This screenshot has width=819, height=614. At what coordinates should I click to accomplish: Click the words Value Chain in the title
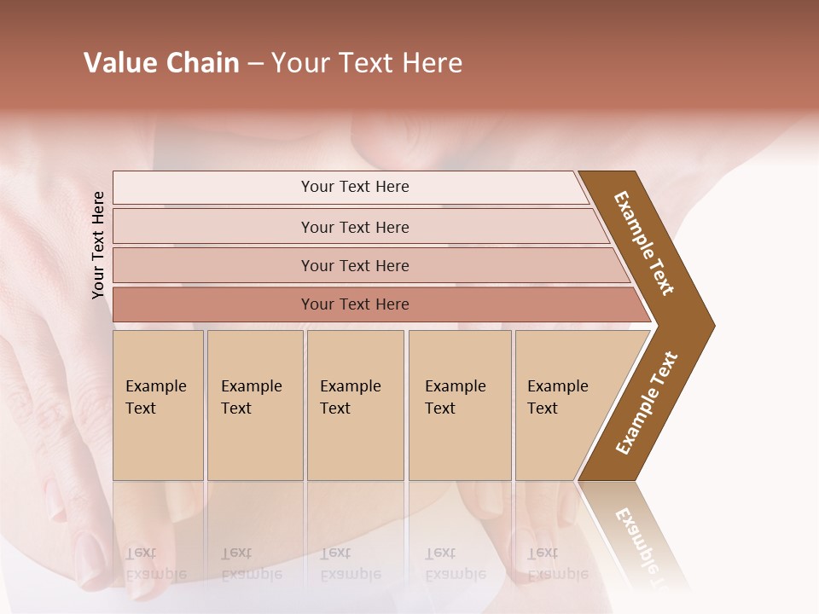click(161, 63)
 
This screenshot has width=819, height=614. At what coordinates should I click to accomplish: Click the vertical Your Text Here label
click(99, 245)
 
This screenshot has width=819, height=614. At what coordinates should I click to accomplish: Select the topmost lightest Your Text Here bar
click(355, 187)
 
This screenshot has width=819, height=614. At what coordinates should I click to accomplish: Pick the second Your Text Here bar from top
click(355, 227)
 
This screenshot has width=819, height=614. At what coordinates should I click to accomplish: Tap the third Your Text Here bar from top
click(355, 265)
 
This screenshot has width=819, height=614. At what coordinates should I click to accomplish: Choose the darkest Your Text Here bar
click(355, 304)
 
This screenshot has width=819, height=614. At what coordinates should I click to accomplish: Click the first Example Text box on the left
click(158, 405)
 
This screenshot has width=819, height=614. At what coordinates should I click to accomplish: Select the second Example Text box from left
click(254, 405)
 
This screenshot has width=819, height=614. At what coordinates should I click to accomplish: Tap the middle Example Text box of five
click(355, 405)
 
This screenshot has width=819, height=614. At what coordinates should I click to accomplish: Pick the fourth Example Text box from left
click(460, 405)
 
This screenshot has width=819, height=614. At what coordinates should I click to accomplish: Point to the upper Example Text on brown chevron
click(644, 243)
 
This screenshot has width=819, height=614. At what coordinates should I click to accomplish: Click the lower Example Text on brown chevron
click(646, 403)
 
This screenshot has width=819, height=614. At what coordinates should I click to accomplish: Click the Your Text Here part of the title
click(367, 63)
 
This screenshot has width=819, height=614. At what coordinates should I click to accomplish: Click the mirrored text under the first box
click(155, 563)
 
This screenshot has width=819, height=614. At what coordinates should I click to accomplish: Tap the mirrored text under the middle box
click(350, 563)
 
